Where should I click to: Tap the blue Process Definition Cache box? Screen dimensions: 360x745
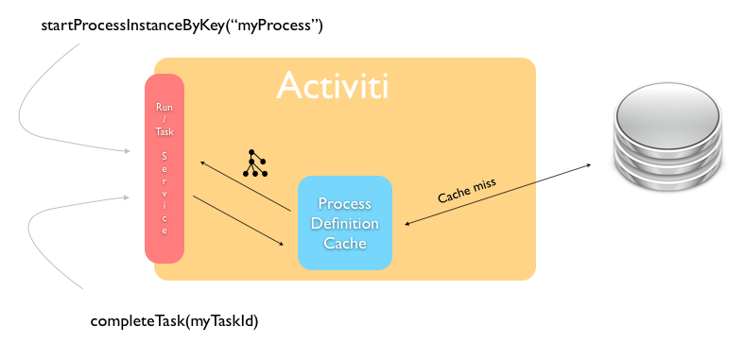pos(345,223)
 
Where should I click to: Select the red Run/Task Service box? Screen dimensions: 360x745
pos(164,168)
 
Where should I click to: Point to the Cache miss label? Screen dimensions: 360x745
pos(467,189)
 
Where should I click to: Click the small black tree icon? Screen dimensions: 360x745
pos(254,163)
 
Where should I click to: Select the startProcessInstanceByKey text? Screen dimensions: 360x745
pos(182,26)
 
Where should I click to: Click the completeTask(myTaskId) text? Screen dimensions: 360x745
pos(174,321)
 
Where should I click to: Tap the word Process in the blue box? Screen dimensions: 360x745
pos(345,204)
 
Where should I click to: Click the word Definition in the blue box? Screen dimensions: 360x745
pos(345,224)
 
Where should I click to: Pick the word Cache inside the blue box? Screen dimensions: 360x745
pos(345,243)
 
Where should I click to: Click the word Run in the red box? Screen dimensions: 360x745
pos(164,107)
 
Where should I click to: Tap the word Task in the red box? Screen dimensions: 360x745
pos(164,133)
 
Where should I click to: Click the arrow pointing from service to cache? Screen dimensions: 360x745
pos(238,220)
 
